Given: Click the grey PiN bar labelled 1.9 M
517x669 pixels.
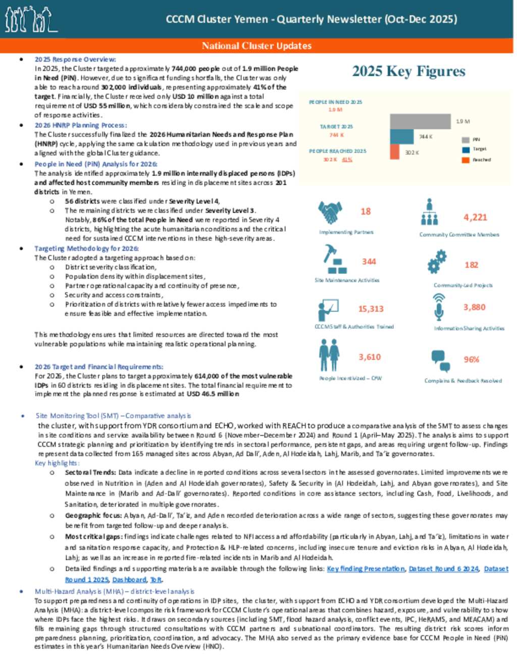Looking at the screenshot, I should pyautogui.click(x=420, y=121).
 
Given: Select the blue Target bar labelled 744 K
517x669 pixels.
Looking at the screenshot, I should pyautogui.click(x=402, y=137).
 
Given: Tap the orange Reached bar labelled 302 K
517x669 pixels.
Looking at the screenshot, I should pyautogui.click(x=394, y=151).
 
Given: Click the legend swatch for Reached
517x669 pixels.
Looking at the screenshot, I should pyautogui.click(x=466, y=160).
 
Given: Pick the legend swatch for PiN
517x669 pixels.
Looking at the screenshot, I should pyautogui.click(x=466, y=139).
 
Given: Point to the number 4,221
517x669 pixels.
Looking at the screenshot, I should pyautogui.click(x=475, y=218).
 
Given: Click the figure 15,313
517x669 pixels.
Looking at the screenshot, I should pyautogui.click(x=371, y=309).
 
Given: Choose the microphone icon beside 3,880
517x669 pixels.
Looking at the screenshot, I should pyautogui.click(x=439, y=306).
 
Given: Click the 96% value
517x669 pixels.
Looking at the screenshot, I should pyautogui.click(x=471, y=359).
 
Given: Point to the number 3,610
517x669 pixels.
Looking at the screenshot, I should pyautogui.click(x=370, y=357).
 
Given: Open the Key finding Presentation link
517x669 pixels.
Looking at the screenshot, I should pyautogui.click(x=366, y=569).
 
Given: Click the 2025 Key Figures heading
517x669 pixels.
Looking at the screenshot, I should pyautogui.click(x=408, y=71).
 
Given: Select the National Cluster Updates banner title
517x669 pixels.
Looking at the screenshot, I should pyautogui.click(x=256, y=46).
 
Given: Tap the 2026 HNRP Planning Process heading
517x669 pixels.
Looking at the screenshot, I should pyautogui.click(x=80, y=125).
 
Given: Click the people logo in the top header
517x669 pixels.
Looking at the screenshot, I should pyautogui.click(x=30, y=19).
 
